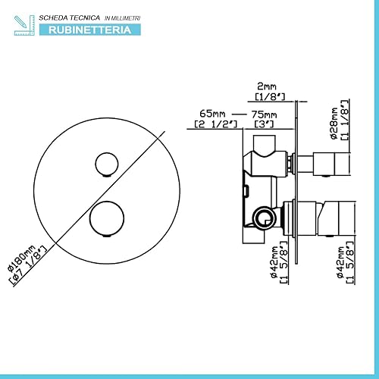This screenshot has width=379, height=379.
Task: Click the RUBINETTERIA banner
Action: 90,30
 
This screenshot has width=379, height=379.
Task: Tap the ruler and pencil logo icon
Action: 24,25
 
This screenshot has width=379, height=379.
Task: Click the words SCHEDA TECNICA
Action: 69,18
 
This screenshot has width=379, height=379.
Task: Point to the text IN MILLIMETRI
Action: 122,18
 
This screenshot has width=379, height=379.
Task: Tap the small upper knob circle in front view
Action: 107,164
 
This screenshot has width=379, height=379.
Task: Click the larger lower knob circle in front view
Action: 107,218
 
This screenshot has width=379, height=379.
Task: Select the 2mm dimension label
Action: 267,86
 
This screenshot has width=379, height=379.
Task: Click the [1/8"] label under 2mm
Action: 270,97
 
